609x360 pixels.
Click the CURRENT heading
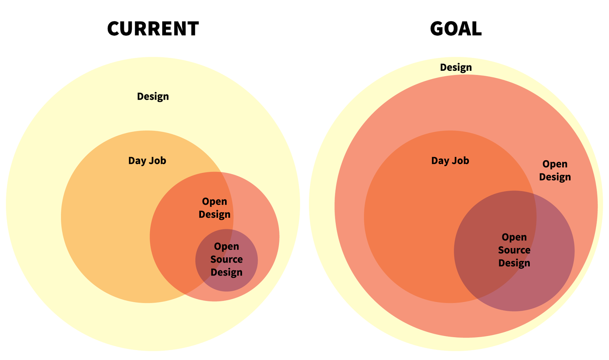click(153, 29)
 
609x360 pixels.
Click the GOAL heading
click(456, 29)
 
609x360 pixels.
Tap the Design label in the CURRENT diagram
click(153, 97)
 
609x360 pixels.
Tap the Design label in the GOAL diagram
click(456, 67)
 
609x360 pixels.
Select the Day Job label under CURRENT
click(147, 161)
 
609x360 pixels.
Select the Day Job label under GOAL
click(450, 161)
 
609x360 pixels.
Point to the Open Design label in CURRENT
click(215, 208)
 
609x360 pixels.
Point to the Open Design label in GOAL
click(555, 170)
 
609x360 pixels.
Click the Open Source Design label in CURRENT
click(226, 260)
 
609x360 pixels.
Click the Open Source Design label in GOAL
click(514, 250)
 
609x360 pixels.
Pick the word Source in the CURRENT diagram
click(226, 260)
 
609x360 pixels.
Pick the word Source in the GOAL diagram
click(514, 250)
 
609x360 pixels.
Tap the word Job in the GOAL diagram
click(461, 161)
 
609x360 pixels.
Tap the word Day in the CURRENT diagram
click(137, 161)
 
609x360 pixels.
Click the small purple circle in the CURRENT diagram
click(226, 260)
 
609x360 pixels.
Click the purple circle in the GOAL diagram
click(514, 251)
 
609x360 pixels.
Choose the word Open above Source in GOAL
click(514, 237)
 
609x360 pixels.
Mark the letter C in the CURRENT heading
click(114, 29)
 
